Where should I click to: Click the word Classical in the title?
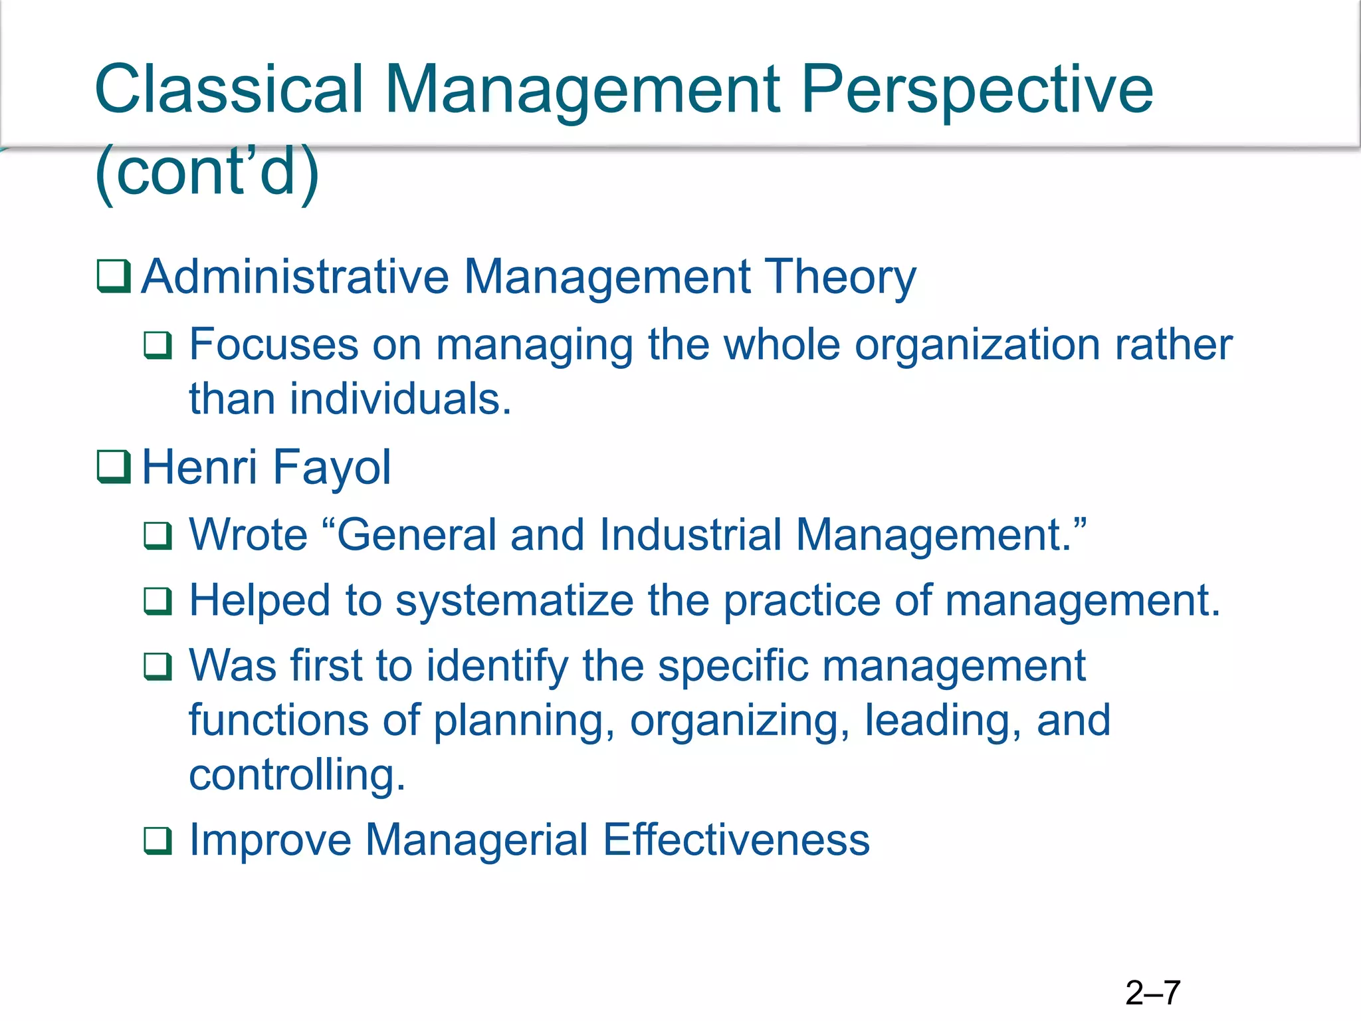(x=229, y=89)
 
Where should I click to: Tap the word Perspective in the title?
(x=977, y=89)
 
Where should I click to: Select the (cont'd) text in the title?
(x=207, y=171)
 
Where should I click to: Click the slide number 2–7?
(x=1152, y=993)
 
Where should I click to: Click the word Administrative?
(x=296, y=277)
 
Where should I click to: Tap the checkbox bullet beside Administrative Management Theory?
(x=114, y=276)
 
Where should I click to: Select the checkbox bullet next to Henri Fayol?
(x=114, y=467)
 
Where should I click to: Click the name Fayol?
(x=332, y=467)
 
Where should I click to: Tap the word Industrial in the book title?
(x=690, y=534)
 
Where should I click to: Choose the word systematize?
(x=514, y=600)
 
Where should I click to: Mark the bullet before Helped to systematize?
(x=158, y=601)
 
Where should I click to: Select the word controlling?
(x=296, y=774)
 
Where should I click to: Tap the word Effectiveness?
(x=736, y=840)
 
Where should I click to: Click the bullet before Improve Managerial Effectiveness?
(x=158, y=841)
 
